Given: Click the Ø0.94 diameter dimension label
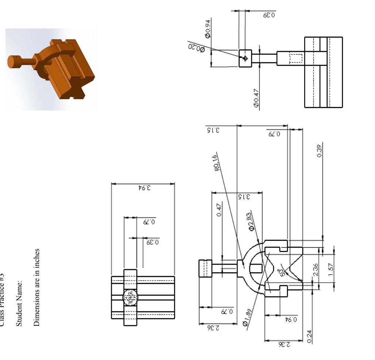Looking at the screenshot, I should (x=208, y=29).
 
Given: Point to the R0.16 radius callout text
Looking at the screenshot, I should (x=215, y=163).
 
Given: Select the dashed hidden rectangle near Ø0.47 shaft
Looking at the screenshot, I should (x=296, y=58).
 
